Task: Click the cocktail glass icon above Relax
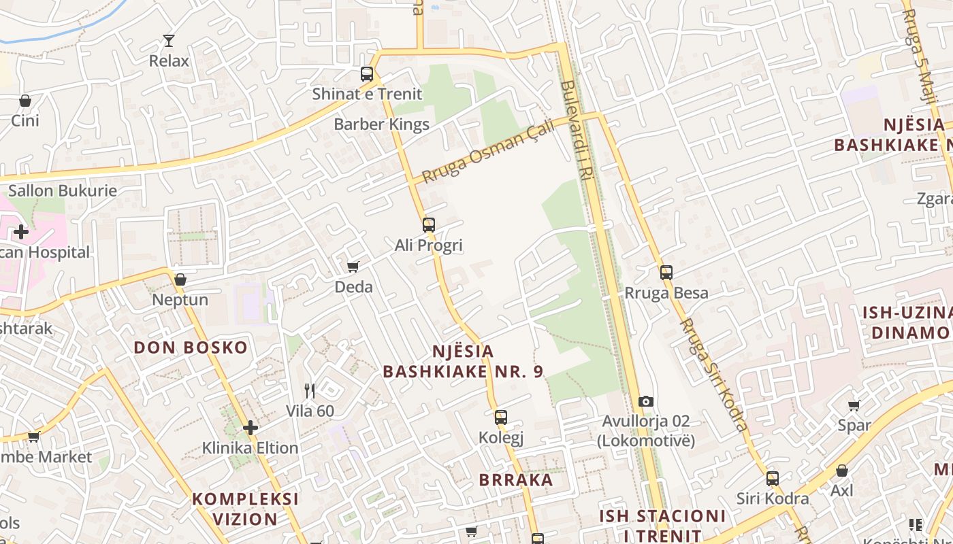tap(169, 41)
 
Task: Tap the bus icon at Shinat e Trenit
tap(367, 74)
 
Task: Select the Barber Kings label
tap(381, 124)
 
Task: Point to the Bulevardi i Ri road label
tap(577, 131)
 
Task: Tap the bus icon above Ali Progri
tap(428, 225)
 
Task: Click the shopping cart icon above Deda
tap(353, 267)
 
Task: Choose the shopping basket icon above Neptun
tap(180, 279)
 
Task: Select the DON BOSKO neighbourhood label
tap(191, 347)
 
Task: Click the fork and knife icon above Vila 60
tap(310, 390)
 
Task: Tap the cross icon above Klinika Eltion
tap(251, 428)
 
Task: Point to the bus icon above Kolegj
tap(501, 418)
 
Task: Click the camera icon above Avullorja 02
tap(646, 402)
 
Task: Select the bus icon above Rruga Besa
tap(666, 273)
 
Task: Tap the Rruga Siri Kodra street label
tap(713, 374)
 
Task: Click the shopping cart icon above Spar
tap(854, 405)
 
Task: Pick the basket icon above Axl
tap(842, 471)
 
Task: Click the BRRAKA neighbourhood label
tap(516, 480)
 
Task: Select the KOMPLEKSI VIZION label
tap(245, 509)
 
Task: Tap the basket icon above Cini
tap(25, 101)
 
